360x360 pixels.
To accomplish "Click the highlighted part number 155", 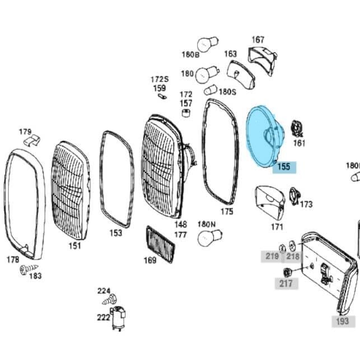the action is pyautogui.click(x=284, y=167).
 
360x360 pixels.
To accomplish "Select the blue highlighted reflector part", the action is pyautogui.click(x=265, y=137).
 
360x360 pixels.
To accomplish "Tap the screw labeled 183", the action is pyautogui.click(x=29, y=269).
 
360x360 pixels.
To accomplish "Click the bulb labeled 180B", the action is pyautogui.click(x=208, y=44).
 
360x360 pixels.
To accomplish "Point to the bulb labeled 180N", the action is pyautogui.click(x=209, y=238).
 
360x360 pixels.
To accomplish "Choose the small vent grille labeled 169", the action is pyautogui.click(x=161, y=244).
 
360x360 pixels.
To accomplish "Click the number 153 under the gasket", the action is pyautogui.click(x=116, y=233).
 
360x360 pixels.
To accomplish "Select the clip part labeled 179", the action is pyautogui.click(x=32, y=140).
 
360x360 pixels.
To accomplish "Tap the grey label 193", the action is pyautogui.click(x=343, y=321).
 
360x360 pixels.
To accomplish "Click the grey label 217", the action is pyautogui.click(x=286, y=283).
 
